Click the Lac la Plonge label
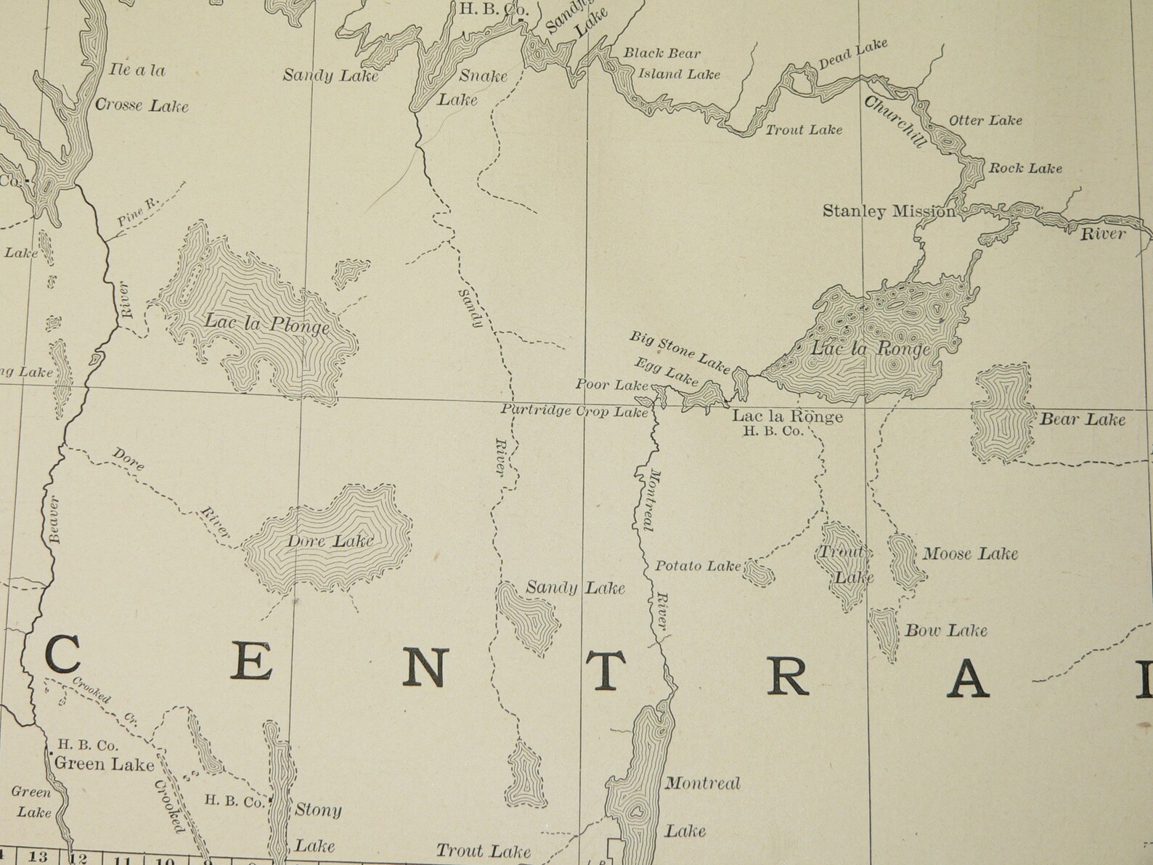[266, 323]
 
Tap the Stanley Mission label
[889, 211]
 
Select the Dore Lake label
[330, 541]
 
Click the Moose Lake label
[970, 554]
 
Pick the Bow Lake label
[945, 630]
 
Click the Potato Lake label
[698, 566]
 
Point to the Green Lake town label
[104, 763]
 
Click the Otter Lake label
[985, 121]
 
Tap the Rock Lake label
[1025, 168]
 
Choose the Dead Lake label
[852, 55]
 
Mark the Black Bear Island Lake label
[671, 63]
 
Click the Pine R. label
[138, 211]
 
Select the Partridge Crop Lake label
[574, 411]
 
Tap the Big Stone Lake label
[679, 352]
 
